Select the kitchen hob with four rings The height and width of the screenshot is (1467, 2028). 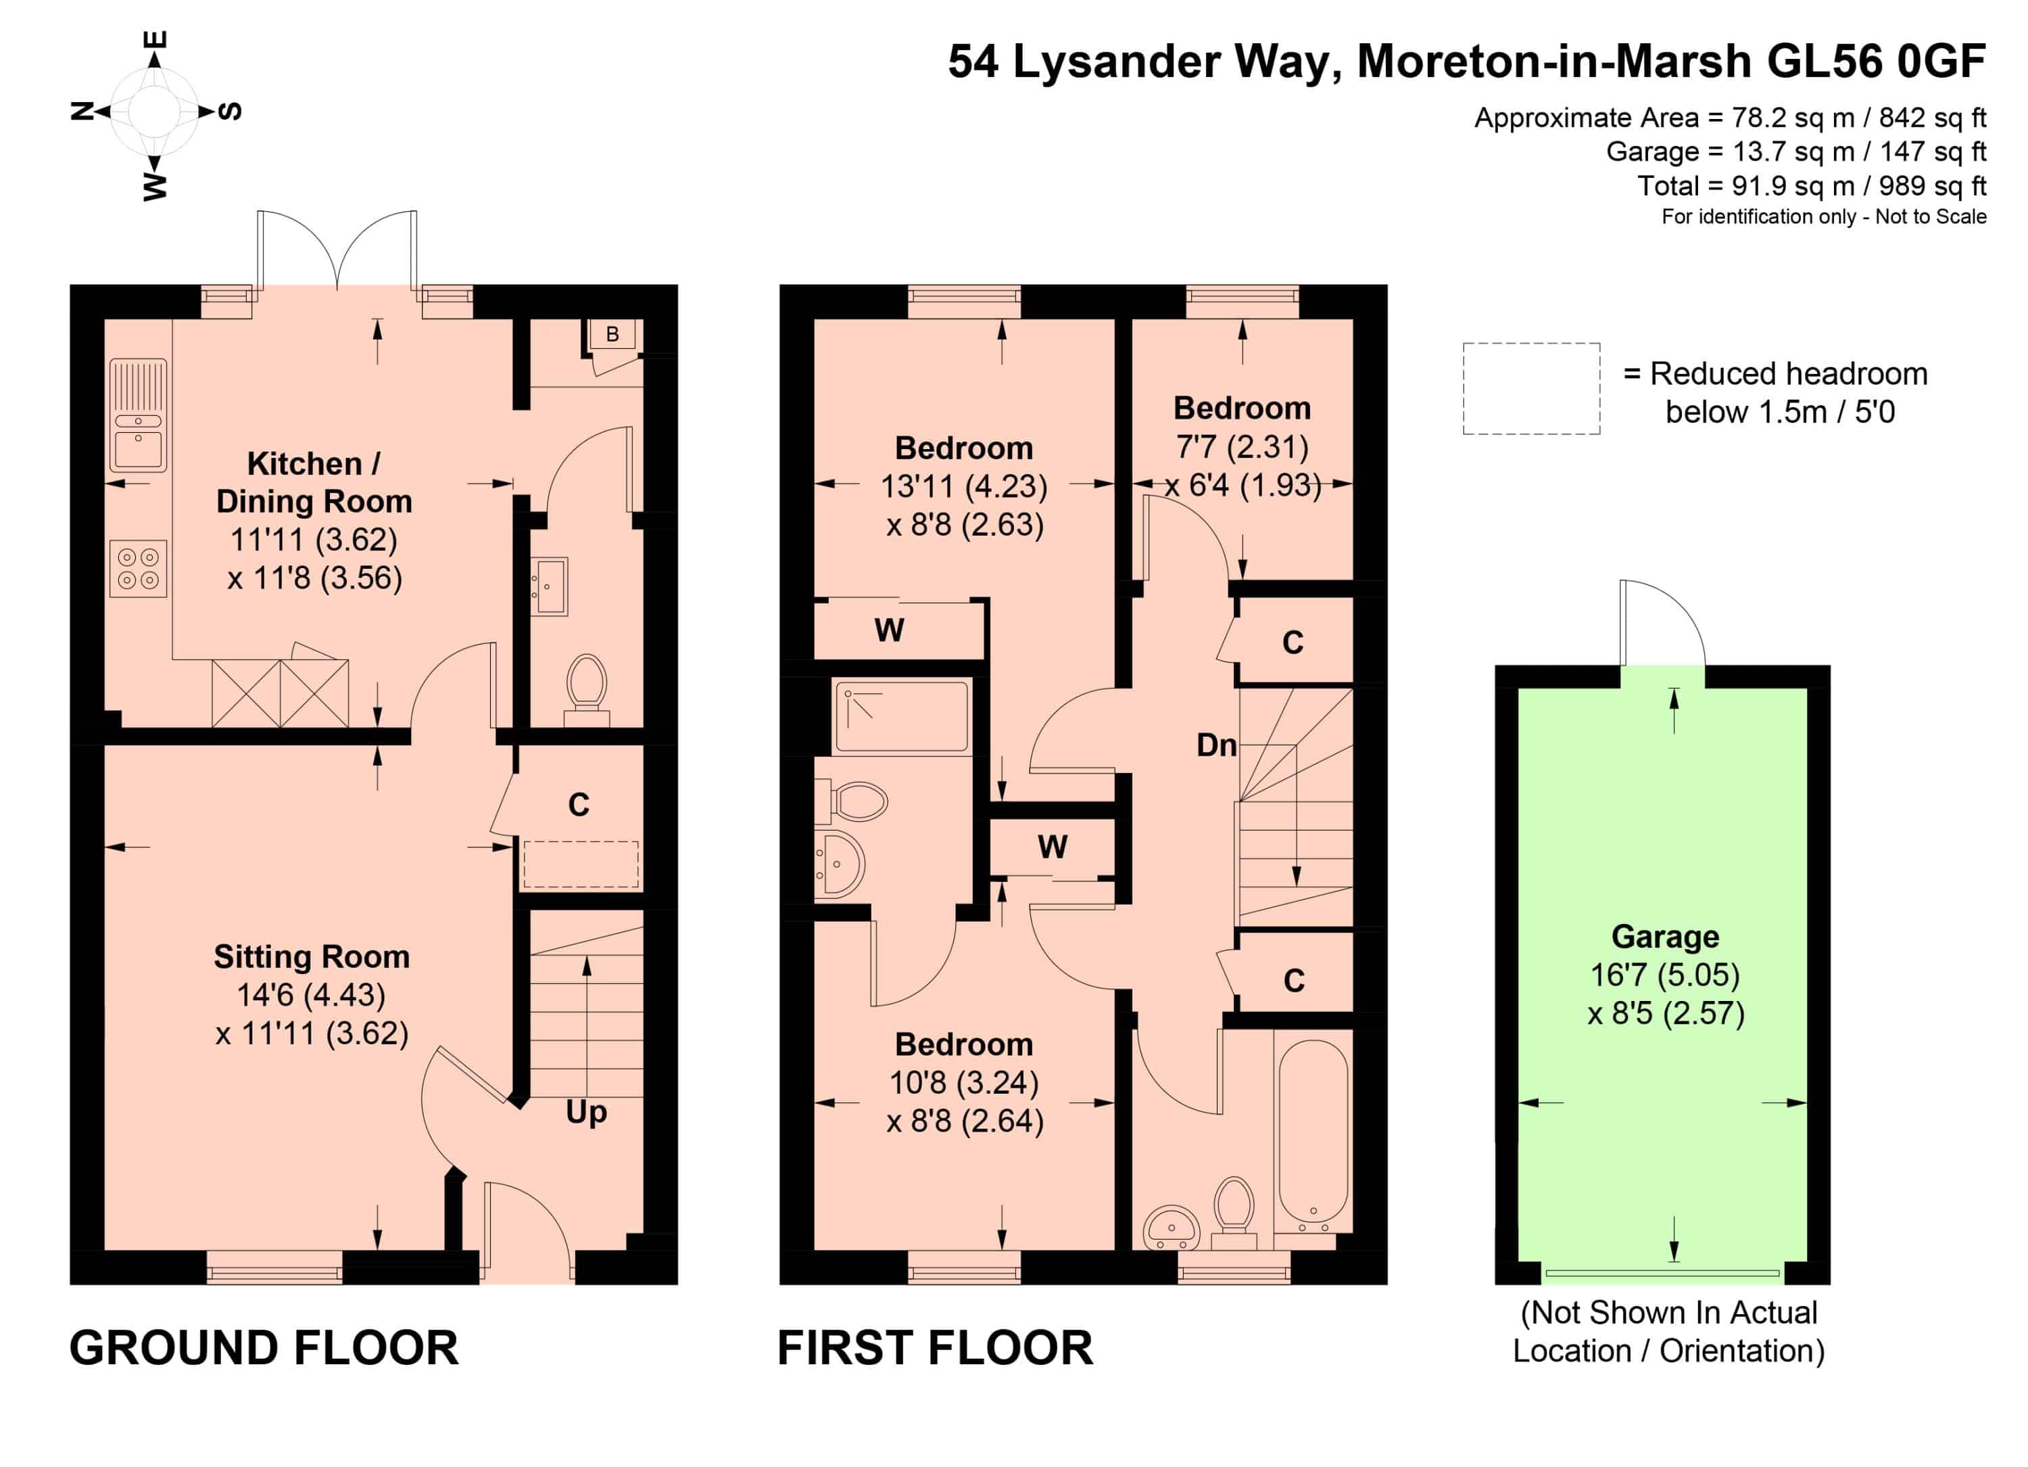point(139,569)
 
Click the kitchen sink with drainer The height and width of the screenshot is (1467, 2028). point(138,415)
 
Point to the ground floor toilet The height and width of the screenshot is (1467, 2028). point(587,691)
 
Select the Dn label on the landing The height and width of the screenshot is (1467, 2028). point(1216,745)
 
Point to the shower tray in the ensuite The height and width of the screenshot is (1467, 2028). point(901,716)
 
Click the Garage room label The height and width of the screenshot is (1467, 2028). point(1665,937)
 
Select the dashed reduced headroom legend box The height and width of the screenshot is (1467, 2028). point(1531,389)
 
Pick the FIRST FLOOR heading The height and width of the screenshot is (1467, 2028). point(936,1348)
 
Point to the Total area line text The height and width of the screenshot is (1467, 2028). point(1812,186)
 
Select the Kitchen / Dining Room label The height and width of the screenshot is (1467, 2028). point(314,483)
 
